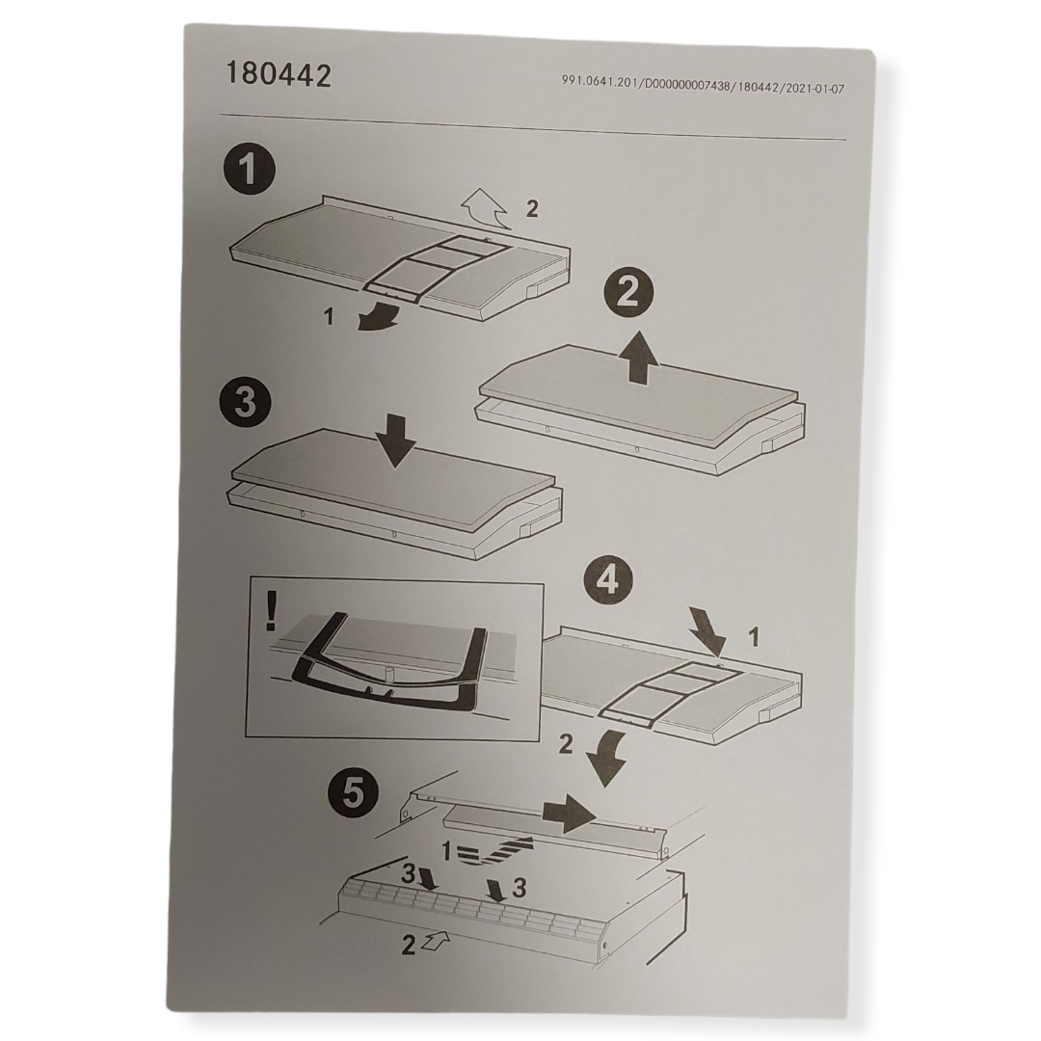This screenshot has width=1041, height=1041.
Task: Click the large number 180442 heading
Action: click(279, 74)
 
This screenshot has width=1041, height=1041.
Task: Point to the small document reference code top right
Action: click(703, 86)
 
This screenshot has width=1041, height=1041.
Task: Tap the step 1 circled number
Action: click(249, 169)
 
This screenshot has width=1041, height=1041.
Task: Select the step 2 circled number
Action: click(627, 293)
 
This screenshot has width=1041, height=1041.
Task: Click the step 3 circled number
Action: click(246, 402)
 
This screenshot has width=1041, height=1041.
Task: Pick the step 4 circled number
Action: click(608, 580)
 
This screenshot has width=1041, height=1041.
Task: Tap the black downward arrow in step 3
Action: click(395, 441)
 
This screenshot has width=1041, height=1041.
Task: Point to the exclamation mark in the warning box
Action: click(271, 610)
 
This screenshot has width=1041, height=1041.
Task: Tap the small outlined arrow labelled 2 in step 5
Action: click(436, 939)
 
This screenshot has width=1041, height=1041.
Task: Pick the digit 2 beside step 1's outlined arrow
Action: click(532, 209)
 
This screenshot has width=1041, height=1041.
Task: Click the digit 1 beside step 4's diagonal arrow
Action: click(753, 638)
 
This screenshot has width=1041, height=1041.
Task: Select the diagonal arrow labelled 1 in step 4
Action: click(707, 630)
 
